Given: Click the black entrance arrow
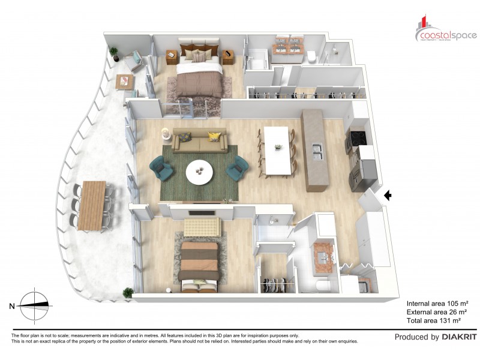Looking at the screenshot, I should [388, 195].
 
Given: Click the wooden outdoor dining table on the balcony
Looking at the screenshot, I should [92, 205].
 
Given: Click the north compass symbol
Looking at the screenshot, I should [35, 305].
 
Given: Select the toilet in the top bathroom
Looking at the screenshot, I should [312, 56].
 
